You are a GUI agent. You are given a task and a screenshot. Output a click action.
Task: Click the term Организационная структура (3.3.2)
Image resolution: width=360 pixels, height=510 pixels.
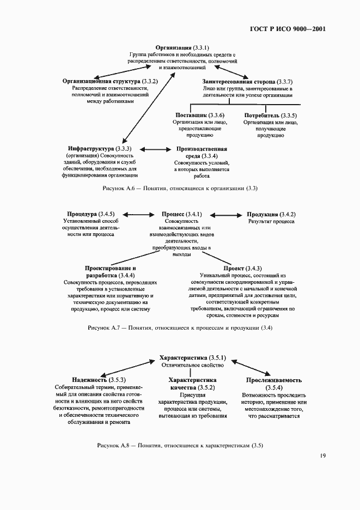point(110,81)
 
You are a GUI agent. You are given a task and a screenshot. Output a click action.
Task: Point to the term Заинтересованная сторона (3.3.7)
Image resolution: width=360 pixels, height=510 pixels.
point(247,81)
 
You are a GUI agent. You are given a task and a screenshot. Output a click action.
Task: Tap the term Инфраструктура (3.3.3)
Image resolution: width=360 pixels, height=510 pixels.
point(100,149)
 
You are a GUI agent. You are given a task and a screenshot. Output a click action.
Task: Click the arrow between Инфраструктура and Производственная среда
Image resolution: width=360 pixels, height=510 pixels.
point(156,149)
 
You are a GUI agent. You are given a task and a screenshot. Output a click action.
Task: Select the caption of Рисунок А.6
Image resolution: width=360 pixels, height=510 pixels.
point(180,189)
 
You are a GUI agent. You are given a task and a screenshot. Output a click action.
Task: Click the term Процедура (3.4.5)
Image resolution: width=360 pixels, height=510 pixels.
point(90,214)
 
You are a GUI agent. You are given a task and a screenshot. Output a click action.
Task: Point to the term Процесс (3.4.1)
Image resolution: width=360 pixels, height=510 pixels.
point(181,214)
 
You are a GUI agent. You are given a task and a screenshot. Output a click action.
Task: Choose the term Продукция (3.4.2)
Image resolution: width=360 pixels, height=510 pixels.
point(271,214)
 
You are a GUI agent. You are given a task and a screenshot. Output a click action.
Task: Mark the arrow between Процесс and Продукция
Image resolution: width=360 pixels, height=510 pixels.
point(225,214)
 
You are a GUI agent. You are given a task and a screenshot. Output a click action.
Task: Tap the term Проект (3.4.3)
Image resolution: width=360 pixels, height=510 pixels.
point(242,269)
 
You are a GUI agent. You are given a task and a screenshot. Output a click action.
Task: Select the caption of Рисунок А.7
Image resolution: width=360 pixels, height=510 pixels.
point(180,328)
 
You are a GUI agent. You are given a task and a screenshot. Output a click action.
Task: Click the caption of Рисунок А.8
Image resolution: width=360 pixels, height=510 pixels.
point(180,445)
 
